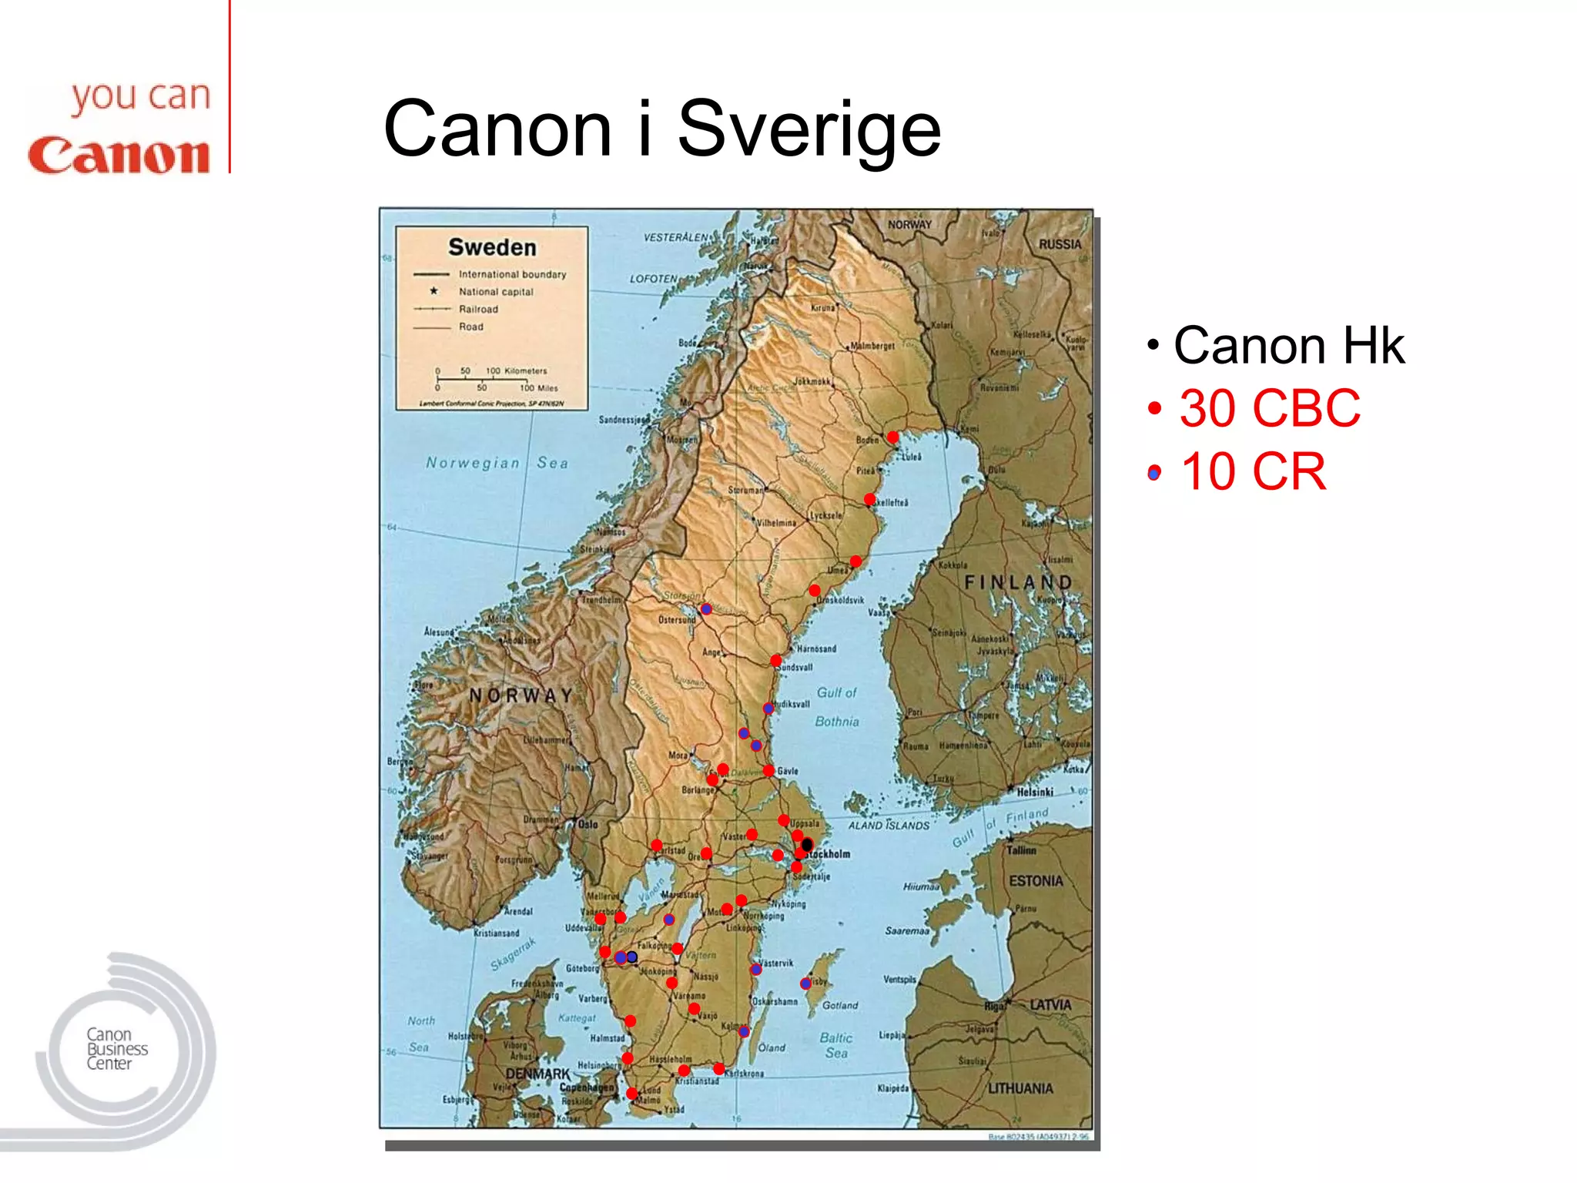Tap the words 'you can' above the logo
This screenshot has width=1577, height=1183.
click(x=141, y=98)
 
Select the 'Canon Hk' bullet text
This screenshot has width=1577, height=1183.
click(x=1288, y=346)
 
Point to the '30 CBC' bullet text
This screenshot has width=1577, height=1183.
click(x=1270, y=408)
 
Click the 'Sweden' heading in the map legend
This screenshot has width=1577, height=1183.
click(x=492, y=247)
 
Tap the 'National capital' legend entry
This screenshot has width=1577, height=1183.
click(x=495, y=292)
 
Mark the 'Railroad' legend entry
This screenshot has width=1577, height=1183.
click(x=478, y=309)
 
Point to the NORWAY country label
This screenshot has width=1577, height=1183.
click(x=521, y=695)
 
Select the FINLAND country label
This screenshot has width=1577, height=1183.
click(x=1018, y=582)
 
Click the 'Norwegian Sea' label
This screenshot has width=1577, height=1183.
click(x=497, y=463)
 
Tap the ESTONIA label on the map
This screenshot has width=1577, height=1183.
click(x=1036, y=880)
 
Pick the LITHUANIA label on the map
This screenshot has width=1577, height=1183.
click(x=1020, y=1088)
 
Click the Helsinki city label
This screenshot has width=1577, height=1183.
click(x=1034, y=792)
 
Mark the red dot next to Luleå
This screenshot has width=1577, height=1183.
click(x=892, y=437)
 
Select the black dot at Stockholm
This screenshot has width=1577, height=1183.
click(x=807, y=845)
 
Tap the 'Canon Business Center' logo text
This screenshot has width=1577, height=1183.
click(x=116, y=1049)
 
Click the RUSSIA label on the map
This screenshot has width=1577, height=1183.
click(x=1060, y=244)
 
